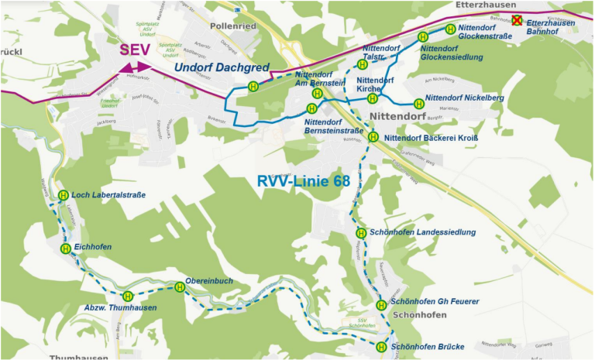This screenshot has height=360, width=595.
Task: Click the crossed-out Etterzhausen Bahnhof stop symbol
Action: (x=517, y=22)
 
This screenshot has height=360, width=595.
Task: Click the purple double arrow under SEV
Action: (x=136, y=69)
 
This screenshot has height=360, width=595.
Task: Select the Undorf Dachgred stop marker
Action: (x=253, y=86)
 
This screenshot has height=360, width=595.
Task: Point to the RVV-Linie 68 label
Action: (x=304, y=181)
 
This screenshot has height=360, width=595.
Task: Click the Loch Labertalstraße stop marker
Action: (x=64, y=195)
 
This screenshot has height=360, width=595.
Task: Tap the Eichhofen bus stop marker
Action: (x=66, y=249)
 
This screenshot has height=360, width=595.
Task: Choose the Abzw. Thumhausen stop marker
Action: (x=128, y=296)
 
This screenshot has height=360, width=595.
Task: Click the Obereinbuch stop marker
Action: (x=180, y=286)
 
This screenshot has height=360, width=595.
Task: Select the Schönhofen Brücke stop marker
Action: (x=381, y=348)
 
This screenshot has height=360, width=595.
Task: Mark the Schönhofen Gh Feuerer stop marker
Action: (x=381, y=305)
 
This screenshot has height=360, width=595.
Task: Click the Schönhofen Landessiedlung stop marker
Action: (x=361, y=233)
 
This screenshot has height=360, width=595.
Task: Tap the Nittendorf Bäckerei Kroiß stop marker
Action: (x=373, y=137)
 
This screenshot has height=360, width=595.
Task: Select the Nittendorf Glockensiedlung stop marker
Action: (x=423, y=37)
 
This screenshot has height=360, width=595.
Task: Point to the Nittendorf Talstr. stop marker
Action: (x=362, y=64)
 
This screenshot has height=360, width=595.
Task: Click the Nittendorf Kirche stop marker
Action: (x=373, y=98)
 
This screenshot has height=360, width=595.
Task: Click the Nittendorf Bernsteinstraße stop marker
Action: (x=311, y=108)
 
